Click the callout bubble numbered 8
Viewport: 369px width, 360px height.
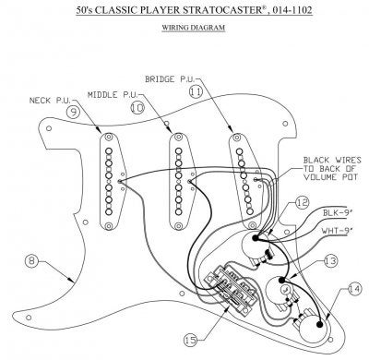click(x=31, y=261)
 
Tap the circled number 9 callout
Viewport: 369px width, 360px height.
click(x=73, y=112)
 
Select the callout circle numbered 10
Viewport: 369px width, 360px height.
click(x=137, y=108)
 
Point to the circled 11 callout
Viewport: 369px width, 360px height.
click(x=196, y=91)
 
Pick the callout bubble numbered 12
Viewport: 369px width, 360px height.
click(x=303, y=203)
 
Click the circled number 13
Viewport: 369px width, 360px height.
click(x=330, y=261)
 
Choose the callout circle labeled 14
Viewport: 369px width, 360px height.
click(x=354, y=290)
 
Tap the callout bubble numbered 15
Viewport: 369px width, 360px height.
click(x=191, y=340)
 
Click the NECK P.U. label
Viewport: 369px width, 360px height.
click(x=50, y=101)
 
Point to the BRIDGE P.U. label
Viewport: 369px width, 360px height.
click(x=170, y=79)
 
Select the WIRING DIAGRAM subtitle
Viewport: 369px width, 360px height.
click(x=194, y=28)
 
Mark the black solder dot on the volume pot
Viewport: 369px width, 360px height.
click(x=256, y=238)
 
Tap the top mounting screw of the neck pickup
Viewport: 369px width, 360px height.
click(x=108, y=137)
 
